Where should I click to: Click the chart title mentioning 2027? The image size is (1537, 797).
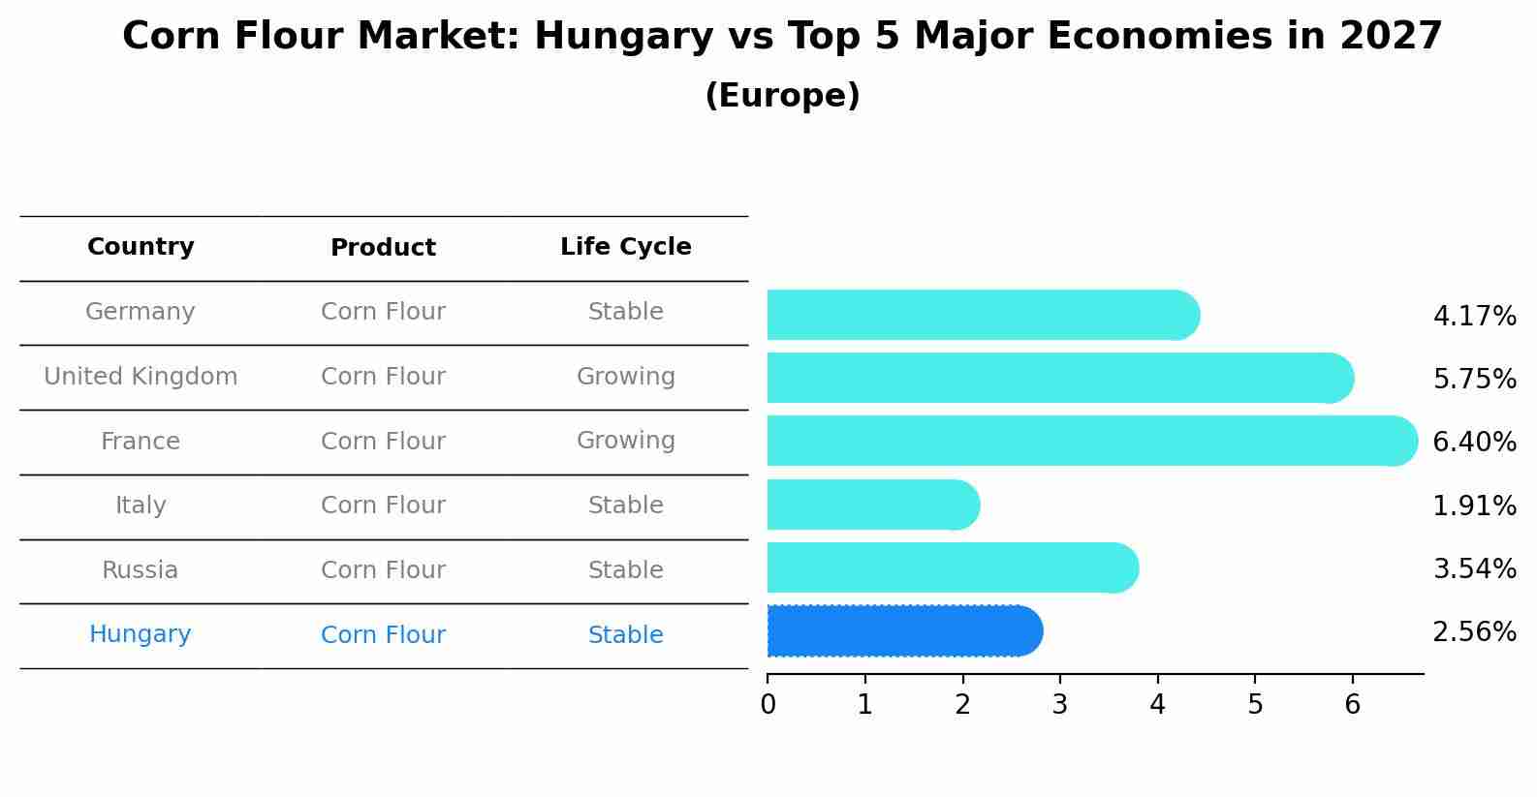[x=782, y=37]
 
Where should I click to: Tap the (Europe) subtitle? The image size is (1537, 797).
[x=782, y=96]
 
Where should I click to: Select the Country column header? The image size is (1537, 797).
[x=141, y=247]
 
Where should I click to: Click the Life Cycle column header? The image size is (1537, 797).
[x=625, y=247]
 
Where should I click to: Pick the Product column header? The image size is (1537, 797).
[x=383, y=248]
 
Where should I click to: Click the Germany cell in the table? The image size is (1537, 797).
[x=141, y=312]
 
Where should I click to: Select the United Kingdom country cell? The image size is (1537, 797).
[x=141, y=377]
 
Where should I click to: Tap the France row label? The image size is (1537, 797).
[x=141, y=442]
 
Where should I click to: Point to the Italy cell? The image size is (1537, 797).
[x=141, y=506]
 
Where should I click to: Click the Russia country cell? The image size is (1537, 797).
[x=141, y=570]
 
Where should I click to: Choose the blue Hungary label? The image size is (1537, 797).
[x=141, y=634]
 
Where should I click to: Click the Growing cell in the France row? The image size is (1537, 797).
[x=625, y=441]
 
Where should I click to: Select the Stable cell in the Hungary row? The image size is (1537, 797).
[x=625, y=635]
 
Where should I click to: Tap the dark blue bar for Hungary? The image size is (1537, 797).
[x=901, y=631]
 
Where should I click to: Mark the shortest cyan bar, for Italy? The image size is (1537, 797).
[x=867, y=505]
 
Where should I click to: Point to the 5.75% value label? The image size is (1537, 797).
[x=1474, y=379]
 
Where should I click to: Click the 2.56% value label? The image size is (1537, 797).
[x=1474, y=632]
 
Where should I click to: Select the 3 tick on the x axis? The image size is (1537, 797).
[x=1060, y=705]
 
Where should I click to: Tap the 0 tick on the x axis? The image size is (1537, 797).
[x=768, y=705]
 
